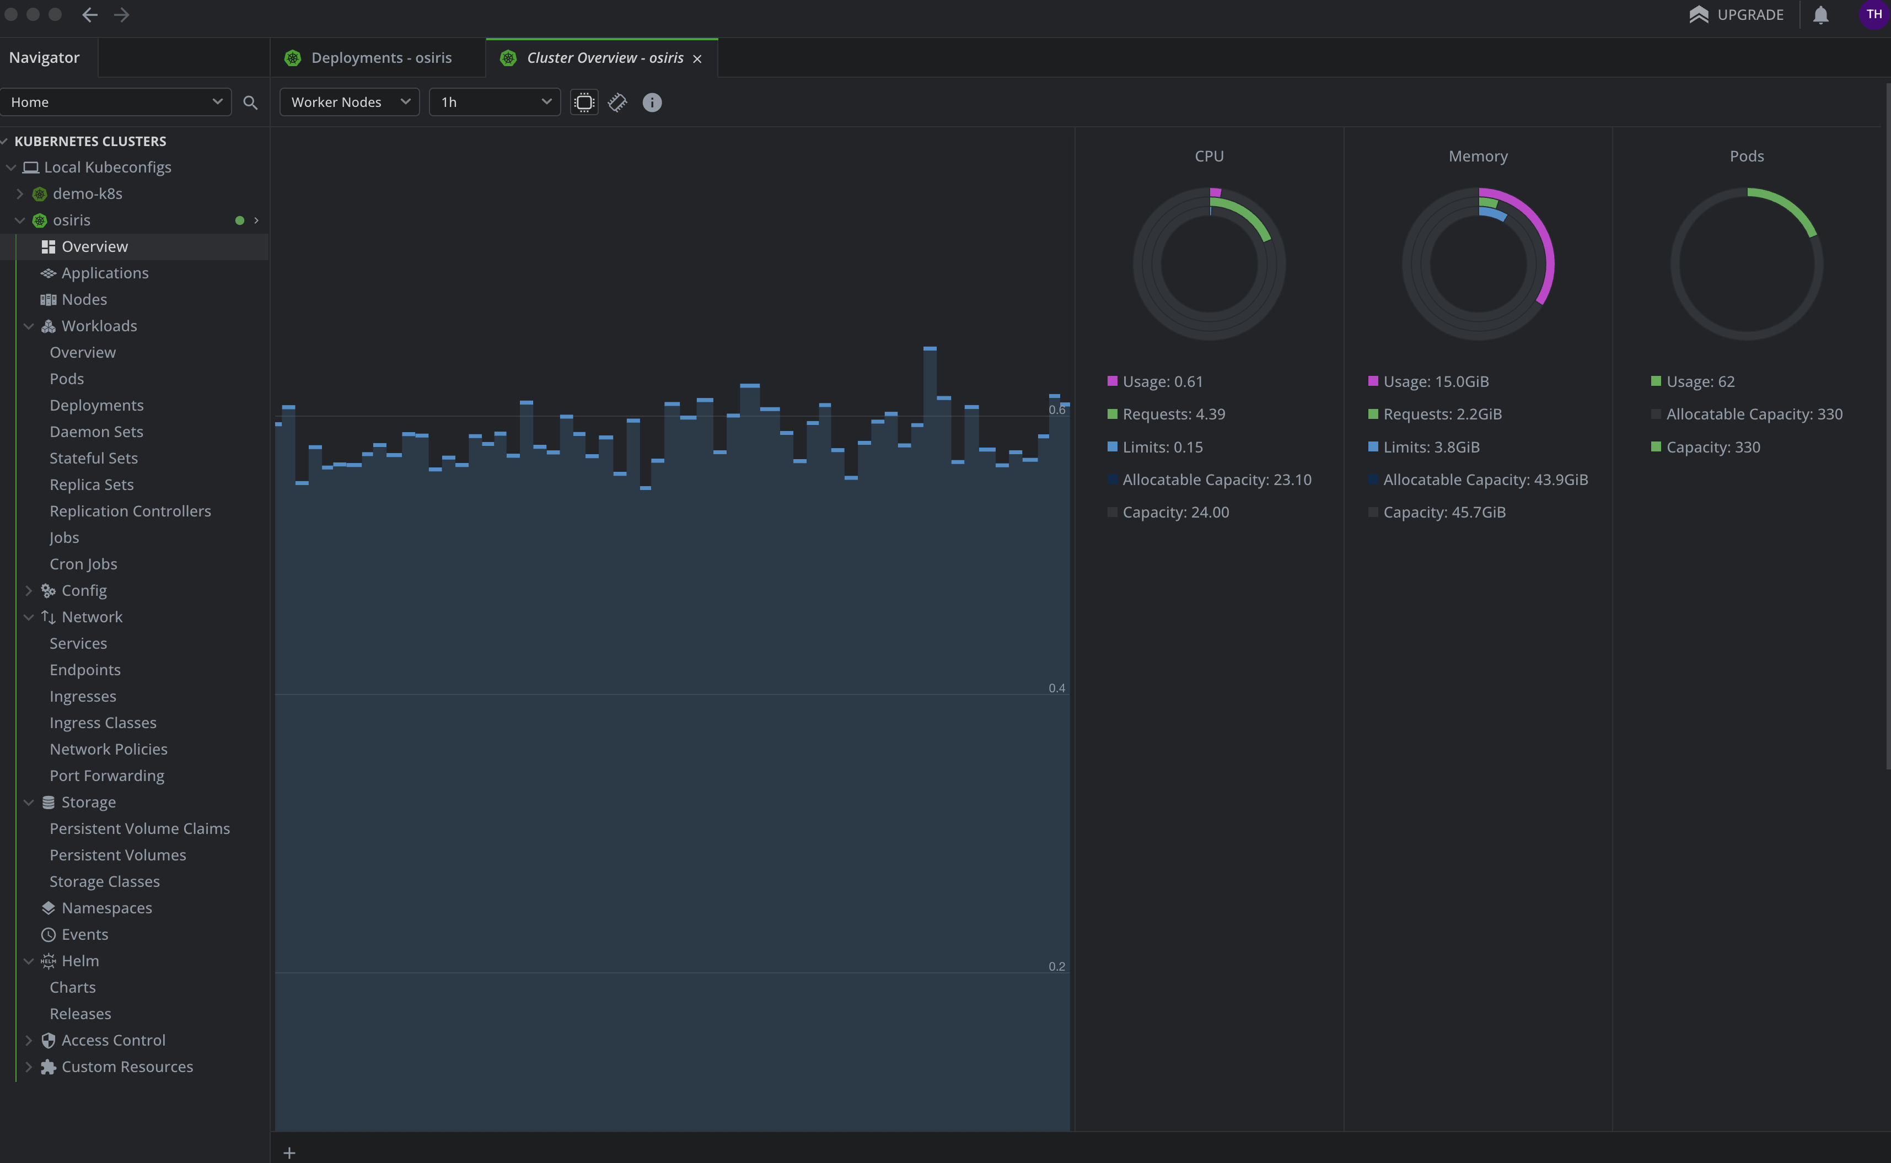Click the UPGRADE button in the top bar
point(1737,15)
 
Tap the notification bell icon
point(1820,15)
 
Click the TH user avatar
point(1873,15)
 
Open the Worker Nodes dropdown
point(350,103)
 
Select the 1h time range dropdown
point(494,103)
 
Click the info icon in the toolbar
point(652,103)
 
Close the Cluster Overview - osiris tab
point(697,58)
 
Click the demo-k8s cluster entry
point(87,194)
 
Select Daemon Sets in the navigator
point(96,432)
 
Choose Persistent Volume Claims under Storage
point(139,828)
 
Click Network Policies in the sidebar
point(109,749)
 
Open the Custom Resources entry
point(127,1067)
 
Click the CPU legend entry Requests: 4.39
point(1173,414)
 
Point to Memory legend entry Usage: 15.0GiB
point(1436,381)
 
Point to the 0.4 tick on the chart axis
point(1056,688)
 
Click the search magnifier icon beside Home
point(250,103)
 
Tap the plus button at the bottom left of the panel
point(289,1152)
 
